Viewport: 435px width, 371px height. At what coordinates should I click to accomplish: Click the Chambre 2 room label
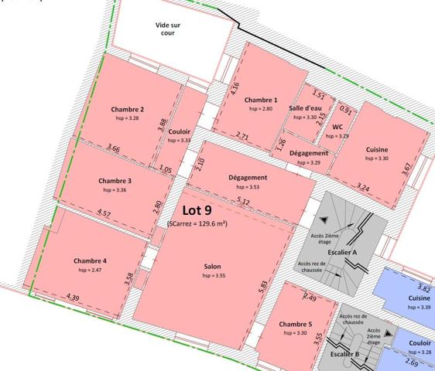(127, 110)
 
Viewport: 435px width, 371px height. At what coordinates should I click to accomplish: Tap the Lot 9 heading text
(197, 209)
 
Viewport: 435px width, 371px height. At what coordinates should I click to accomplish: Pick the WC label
(337, 127)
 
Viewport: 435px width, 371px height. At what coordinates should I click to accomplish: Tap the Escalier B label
(345, 354)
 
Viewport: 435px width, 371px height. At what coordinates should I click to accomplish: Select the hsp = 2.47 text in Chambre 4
(91, 271)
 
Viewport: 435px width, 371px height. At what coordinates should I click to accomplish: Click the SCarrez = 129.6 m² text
(197, 223)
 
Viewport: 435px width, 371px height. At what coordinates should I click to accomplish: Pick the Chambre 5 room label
(296, 324)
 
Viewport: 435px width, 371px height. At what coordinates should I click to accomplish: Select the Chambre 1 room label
(260, 100)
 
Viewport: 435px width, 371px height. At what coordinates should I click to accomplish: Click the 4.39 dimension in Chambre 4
(74, 297)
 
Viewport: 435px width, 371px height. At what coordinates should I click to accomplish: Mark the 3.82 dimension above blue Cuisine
(423, 288)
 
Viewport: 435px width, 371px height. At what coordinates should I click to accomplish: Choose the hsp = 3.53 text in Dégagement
(248, 187)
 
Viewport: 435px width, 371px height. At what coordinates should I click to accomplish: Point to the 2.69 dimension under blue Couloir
(412, 362)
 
